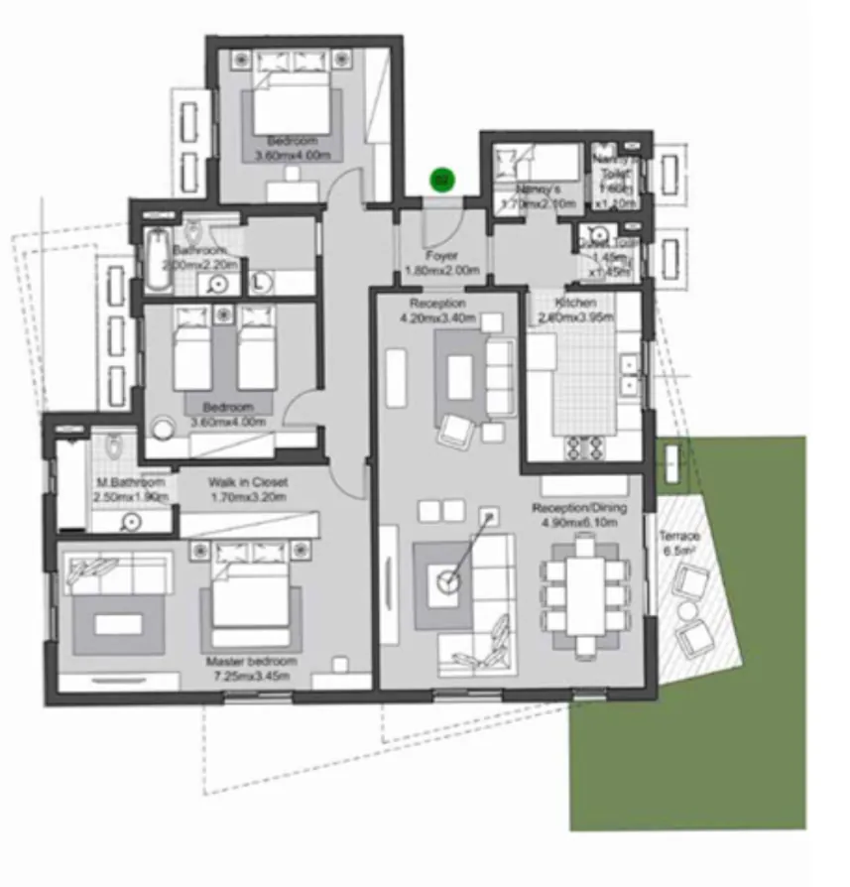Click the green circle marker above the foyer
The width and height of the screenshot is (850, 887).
(441, 180)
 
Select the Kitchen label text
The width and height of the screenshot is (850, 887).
(575, 303)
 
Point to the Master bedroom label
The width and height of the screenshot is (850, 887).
(250, 662)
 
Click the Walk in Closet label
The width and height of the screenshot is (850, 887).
(249, 482)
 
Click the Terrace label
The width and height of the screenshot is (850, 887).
(680, 537)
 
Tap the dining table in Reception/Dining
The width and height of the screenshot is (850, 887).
(587, 594)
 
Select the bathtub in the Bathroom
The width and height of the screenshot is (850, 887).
(157, 260)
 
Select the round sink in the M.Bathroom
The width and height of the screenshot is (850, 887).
(131, 520)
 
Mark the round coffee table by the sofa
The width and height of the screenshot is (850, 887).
(451, 581)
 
